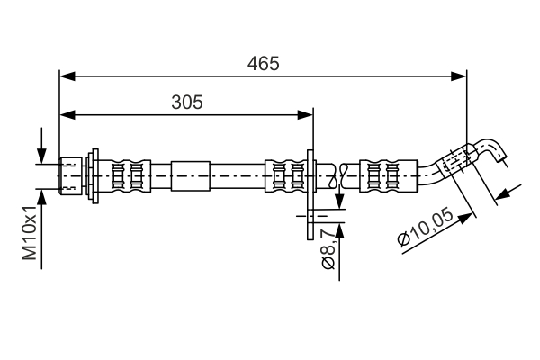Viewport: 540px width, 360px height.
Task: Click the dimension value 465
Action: coord(264,63)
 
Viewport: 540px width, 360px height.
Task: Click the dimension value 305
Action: coord(187,102)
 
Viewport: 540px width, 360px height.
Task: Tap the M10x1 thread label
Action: coord(31,233)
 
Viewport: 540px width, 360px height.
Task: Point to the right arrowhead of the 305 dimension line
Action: coord(306,114)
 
